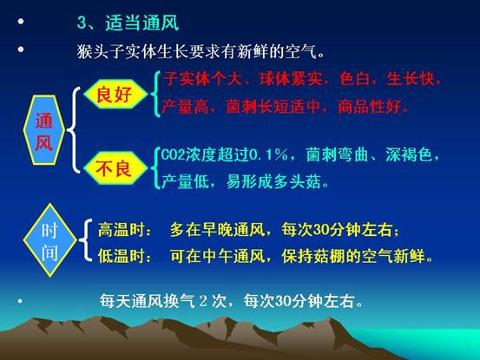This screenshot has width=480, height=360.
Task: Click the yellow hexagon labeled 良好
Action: [115, 95]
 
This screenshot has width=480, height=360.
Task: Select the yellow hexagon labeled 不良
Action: [115, 168]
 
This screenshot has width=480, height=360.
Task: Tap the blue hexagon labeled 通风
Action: [44, 130]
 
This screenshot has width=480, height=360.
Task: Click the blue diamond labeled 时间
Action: [49, 240]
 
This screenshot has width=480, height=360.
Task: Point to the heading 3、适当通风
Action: [128, 23]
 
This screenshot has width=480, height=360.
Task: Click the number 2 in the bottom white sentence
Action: [203, 301]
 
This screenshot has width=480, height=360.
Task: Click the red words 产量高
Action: [185, 107]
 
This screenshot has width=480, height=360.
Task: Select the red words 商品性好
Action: [369, 107]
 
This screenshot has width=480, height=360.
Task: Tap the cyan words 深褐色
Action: [409, 154]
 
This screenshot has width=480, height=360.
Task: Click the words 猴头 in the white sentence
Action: [93, 51]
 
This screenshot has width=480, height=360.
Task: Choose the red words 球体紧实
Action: [290, 79]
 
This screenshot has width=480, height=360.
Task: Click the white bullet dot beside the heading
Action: [21, 22]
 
